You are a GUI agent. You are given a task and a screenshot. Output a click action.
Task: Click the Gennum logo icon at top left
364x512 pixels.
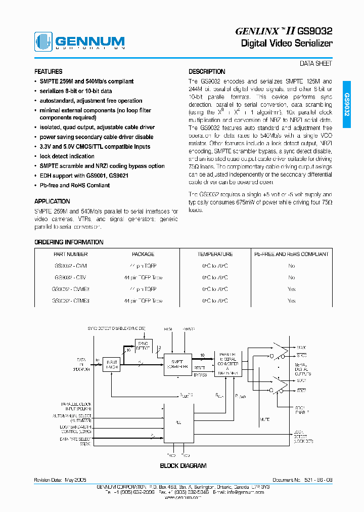click(43, 41)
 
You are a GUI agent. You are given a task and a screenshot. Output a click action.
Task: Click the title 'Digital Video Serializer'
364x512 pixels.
click(286, 44)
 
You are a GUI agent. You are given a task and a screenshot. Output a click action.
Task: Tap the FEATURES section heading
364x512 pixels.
click(49, 72)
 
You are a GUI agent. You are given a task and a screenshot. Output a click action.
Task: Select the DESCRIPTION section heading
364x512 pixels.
click(207, 72)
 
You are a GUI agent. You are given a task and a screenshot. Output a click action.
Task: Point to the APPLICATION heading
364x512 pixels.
click(52, 201)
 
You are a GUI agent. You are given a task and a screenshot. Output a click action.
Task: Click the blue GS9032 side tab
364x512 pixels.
click(347, 104)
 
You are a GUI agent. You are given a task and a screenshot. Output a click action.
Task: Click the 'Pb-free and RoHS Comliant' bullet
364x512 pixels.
click(74, 185)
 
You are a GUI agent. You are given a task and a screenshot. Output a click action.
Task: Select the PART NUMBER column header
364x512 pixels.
click(70, 254)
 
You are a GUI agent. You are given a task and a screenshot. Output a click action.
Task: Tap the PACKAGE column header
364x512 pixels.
click(143, 254)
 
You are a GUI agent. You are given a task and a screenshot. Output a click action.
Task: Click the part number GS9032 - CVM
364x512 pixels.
click(70, 266)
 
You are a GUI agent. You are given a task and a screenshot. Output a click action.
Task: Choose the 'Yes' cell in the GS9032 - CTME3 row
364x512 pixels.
click(291, 301)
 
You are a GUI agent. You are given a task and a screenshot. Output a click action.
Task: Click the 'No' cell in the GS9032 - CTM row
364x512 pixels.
click(291, 277)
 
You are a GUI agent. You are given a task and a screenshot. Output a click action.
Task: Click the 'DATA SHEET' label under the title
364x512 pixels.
click(316, 64)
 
